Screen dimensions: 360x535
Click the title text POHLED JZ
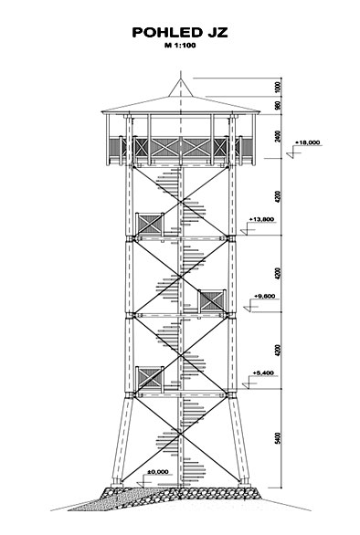point(180,33)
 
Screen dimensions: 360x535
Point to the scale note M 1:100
point(180,46)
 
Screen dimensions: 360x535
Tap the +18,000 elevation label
point(308,142)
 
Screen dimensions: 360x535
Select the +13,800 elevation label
point(261,219)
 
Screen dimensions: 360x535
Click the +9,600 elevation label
point(265,296)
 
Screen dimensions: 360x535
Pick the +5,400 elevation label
point(263,372)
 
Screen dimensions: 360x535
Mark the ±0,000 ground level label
point(158,472)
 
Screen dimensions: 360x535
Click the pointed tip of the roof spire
point(180,79)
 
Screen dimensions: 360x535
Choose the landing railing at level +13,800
point(150,225)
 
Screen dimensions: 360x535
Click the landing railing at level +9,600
point(212,301)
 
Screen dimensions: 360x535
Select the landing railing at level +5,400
point(150,378)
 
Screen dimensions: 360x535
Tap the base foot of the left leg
point(117,483)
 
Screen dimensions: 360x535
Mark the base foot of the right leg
point(244,483)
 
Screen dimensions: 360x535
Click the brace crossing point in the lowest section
point(180,434)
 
